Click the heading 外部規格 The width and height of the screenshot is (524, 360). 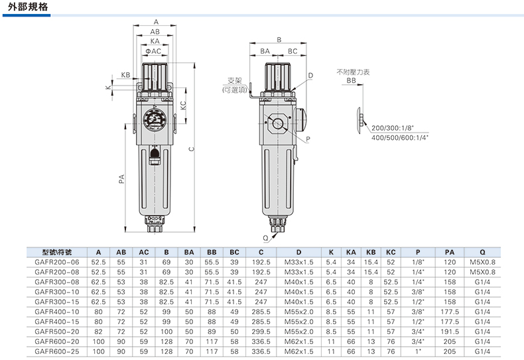point(28,7)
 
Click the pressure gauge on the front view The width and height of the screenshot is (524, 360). point(155,119)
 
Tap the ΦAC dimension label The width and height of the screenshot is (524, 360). point(153,51)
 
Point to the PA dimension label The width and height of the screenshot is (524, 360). point(121,178)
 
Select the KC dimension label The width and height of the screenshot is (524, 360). point(183,105)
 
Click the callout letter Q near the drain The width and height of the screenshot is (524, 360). point(266,238)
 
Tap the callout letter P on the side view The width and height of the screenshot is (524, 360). point(308,139)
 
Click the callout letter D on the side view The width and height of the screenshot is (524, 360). point(310,76)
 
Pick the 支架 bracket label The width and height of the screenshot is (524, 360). point(234,80)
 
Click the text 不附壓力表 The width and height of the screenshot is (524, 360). point(353,72)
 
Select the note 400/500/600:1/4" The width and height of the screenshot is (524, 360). point(400,138)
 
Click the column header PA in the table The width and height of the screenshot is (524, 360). point(450,253)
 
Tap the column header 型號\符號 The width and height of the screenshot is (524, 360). point(57,253)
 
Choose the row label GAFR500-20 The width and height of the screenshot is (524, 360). point(57,331)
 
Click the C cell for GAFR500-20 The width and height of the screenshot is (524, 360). point(261,331)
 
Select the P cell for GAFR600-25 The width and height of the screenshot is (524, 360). point(418,351)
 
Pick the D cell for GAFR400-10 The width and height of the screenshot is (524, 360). point(298,312)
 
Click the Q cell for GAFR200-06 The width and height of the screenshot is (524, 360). point(482,263)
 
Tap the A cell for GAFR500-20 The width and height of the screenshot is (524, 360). point(98,331)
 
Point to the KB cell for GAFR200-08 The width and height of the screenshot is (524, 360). point(371,272)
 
